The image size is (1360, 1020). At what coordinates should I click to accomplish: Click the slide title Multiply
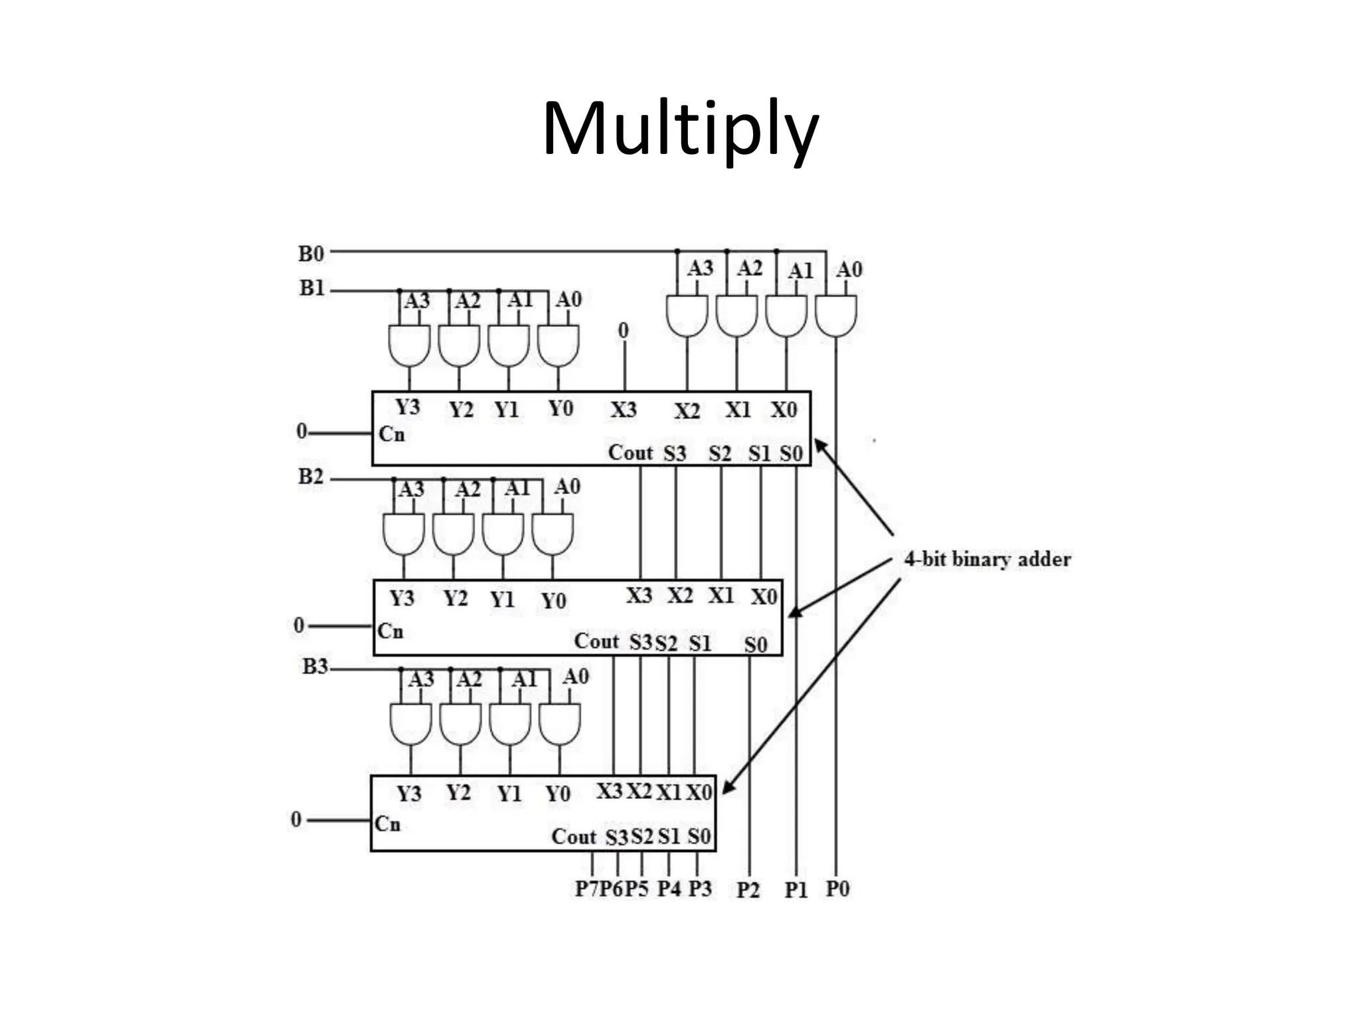[680, 129]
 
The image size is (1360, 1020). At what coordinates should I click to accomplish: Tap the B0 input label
[311, 254]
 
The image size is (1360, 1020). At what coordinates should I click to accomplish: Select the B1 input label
[311, 288]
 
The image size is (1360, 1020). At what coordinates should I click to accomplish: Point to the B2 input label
[310, 477]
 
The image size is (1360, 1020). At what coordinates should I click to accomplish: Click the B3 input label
[315, 666]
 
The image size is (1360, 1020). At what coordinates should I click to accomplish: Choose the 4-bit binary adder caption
[987, 559]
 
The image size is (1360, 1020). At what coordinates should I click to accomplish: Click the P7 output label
[586, 889]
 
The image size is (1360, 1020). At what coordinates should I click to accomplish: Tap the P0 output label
[837, 889]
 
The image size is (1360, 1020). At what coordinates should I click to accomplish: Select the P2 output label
[748, 890]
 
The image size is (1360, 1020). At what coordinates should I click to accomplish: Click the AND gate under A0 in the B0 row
[835, 316]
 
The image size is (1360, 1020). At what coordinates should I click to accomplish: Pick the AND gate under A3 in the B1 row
[409, 345]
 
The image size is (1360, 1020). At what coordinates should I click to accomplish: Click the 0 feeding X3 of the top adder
[623, 330]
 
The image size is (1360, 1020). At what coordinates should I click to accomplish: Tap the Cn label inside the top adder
[391, 434]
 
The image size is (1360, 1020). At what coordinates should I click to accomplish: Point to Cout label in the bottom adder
[574, 837]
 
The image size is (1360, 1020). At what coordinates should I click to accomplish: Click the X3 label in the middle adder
[639, 596]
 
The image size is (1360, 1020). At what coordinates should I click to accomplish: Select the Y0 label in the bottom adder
[558, 794]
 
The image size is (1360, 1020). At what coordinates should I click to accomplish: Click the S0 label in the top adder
[791, 454]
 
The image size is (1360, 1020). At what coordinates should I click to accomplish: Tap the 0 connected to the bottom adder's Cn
[296, 819]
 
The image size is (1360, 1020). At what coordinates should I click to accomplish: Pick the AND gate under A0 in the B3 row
[559, 724]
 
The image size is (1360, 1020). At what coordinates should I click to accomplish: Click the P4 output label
[669, 889]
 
